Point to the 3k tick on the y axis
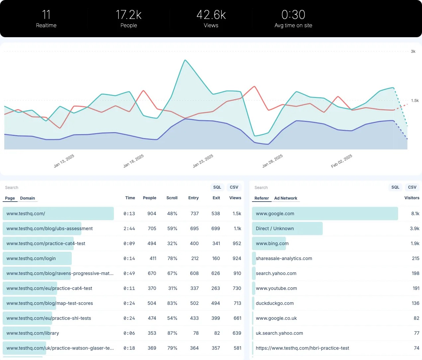point(413,51)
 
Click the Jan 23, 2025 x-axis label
point(203,161)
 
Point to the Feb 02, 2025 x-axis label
point(342,161)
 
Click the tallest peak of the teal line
point(185,60)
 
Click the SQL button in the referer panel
point(395,187)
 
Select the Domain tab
point(27,198)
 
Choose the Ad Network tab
point(286,198)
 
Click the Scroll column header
point(172,198)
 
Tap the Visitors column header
point(412,198)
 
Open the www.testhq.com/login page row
point(31,258)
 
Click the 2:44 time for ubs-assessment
point(129,228)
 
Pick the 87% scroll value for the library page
point(172,333)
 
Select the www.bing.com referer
point(272,243)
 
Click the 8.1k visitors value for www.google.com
point(415,214)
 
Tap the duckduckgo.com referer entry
point(275,303)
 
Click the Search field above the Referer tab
point(261,188)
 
